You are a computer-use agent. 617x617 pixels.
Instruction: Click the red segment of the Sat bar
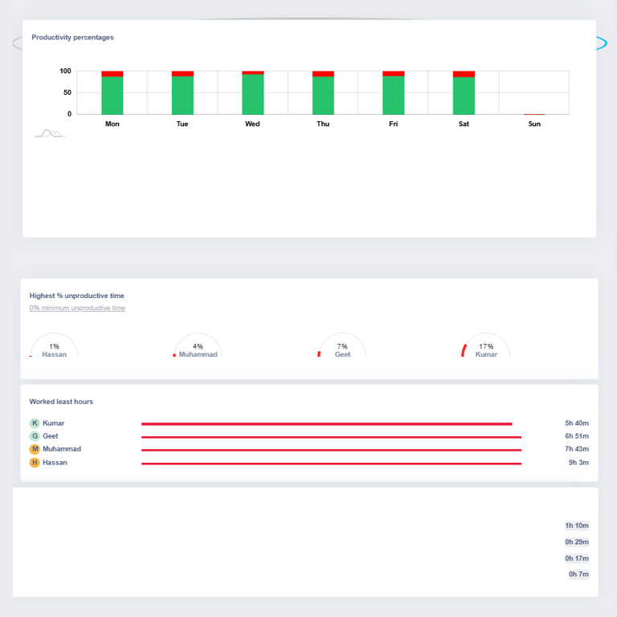point(464,74)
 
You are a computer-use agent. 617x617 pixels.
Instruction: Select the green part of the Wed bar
point(252,94)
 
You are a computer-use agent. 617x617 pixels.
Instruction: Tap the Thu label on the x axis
point(323,124)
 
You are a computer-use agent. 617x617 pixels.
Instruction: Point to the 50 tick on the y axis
point(67,92)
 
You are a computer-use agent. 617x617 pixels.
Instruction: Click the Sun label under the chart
point(534,124)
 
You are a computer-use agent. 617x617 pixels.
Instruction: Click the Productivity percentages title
point(72,38)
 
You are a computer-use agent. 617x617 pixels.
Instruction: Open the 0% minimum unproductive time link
point(77,308)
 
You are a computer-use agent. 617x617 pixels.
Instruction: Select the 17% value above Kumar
point(486,346)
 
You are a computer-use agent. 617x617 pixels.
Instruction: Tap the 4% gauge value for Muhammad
point(198,346)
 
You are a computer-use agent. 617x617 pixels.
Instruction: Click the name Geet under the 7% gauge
point(342,354)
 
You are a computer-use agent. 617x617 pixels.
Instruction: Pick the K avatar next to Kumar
point(35,423)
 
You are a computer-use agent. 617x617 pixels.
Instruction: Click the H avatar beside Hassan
point(35,463)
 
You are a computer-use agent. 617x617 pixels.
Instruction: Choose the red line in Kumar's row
point(327,424)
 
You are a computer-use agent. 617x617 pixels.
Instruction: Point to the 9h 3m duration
point(578,463)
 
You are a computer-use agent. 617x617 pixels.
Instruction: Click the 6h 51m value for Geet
point(577,436)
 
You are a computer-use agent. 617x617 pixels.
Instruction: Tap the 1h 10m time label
point(577,525)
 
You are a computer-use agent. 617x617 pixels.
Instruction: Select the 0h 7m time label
point(578,574)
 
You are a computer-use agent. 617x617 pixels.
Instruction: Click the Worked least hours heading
point(61,402)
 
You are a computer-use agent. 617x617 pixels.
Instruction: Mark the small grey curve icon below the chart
point(50,133)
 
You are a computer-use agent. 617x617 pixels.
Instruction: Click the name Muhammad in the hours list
point(62,449)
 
